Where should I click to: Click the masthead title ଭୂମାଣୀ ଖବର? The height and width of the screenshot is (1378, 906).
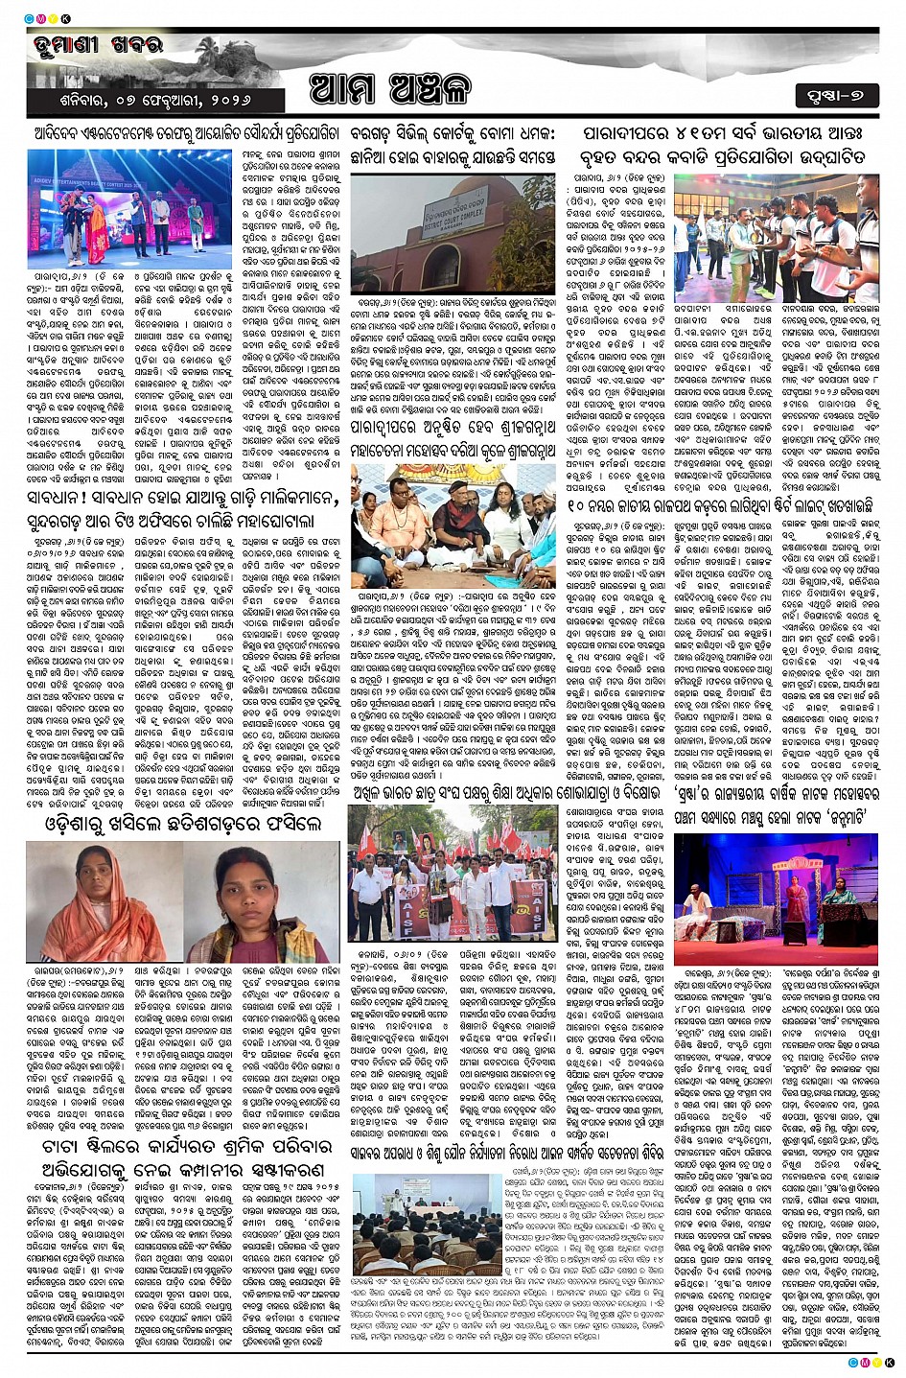86,46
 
